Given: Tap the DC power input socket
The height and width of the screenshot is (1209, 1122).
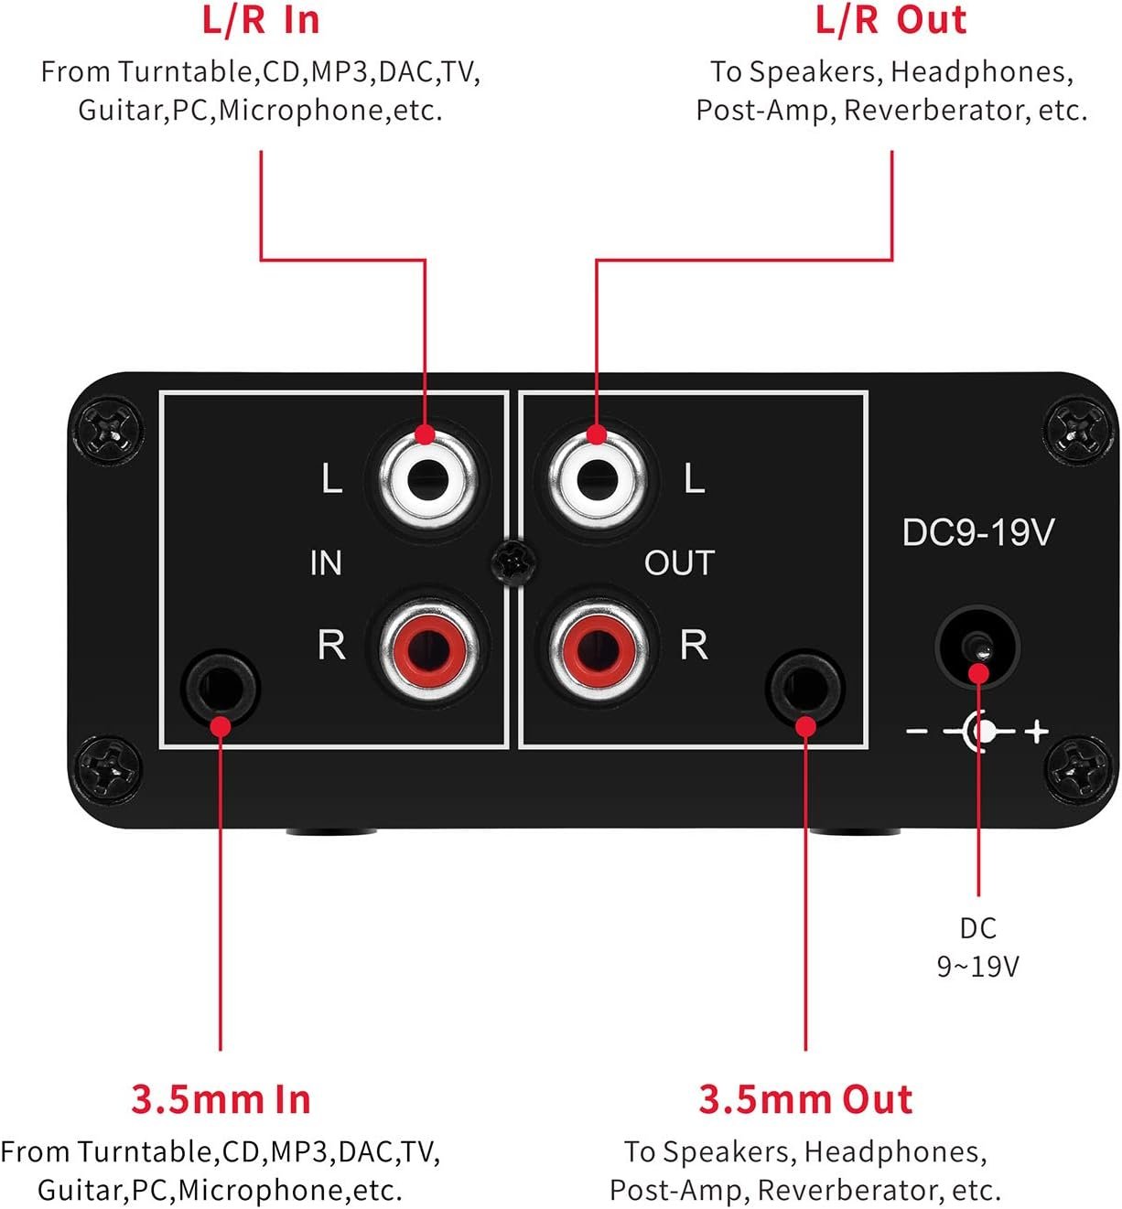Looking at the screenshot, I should click(x=977, y=646).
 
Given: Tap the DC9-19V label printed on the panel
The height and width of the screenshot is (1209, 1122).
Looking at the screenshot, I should click(x=977, y=532).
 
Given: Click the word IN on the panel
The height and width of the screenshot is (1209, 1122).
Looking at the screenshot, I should click(x=326, y=563).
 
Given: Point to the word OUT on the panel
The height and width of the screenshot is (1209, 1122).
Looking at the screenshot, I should click(x=678, y=563).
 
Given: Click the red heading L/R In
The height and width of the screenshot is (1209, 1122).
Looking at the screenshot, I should click(x=261, y=21).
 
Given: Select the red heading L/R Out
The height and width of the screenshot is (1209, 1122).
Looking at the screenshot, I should click(x=890, y=21).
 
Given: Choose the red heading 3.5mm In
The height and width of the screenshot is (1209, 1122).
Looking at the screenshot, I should click(x=221, y=1098).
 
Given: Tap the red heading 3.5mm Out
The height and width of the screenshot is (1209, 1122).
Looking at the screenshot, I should click(x=805, y=1098).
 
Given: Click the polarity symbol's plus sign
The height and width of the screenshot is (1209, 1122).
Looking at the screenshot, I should click(x=1036, y=732).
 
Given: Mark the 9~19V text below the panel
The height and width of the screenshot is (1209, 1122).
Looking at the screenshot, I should click(x=977, y=966).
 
